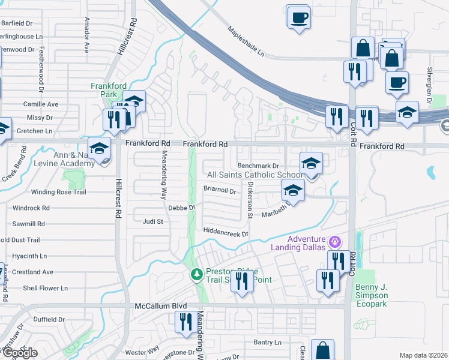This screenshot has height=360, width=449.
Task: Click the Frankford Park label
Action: [x=107, y=90]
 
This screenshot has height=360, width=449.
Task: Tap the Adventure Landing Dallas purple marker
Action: [x=334, y=242]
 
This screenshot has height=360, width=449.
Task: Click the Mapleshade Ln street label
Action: [x=246, y=41]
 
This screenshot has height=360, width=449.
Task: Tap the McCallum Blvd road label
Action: [x=155, y=306]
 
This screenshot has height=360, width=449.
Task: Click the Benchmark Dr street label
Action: [x=259, y=165]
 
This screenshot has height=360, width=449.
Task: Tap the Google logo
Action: [x=19, y=353]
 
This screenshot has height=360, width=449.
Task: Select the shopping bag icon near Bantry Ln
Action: [x=323, y=350]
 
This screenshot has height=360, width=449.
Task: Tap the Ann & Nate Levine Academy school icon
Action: [x=99, y=148]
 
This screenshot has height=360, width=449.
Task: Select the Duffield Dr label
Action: [x=49, y=319]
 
